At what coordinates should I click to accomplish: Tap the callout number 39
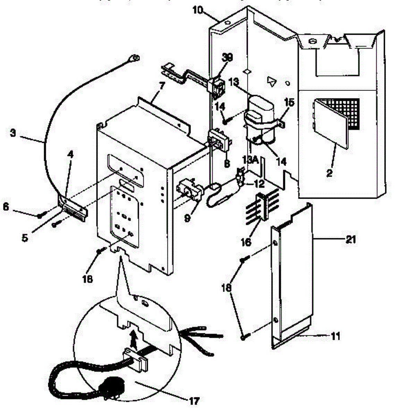[x=228, y=57]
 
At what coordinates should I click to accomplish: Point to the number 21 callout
[x=350, y=240]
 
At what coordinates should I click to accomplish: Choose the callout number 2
[x=329, y=172]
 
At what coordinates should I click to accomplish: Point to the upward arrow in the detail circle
[x=133, y=338]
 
